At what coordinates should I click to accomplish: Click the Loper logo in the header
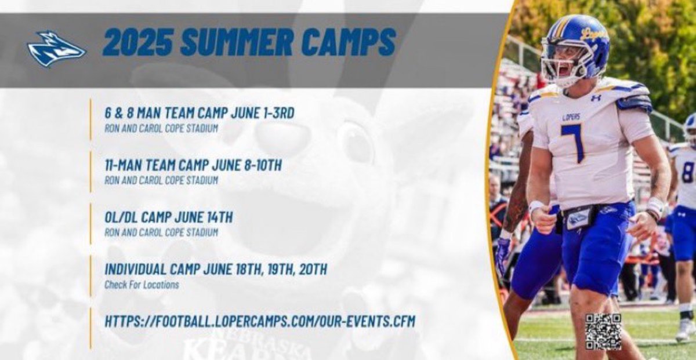56,49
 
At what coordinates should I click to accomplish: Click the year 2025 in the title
137,42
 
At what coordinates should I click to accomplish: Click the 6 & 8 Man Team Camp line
200,113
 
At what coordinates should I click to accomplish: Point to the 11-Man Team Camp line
193,165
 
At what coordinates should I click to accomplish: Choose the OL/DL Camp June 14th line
169,217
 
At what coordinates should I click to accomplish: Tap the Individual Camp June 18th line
216,270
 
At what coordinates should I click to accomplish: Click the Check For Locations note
142,285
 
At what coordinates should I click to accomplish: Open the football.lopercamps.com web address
260,321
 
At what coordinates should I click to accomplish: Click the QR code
603,331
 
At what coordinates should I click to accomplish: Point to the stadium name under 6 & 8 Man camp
161,128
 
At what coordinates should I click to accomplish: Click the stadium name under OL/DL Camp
161,232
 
